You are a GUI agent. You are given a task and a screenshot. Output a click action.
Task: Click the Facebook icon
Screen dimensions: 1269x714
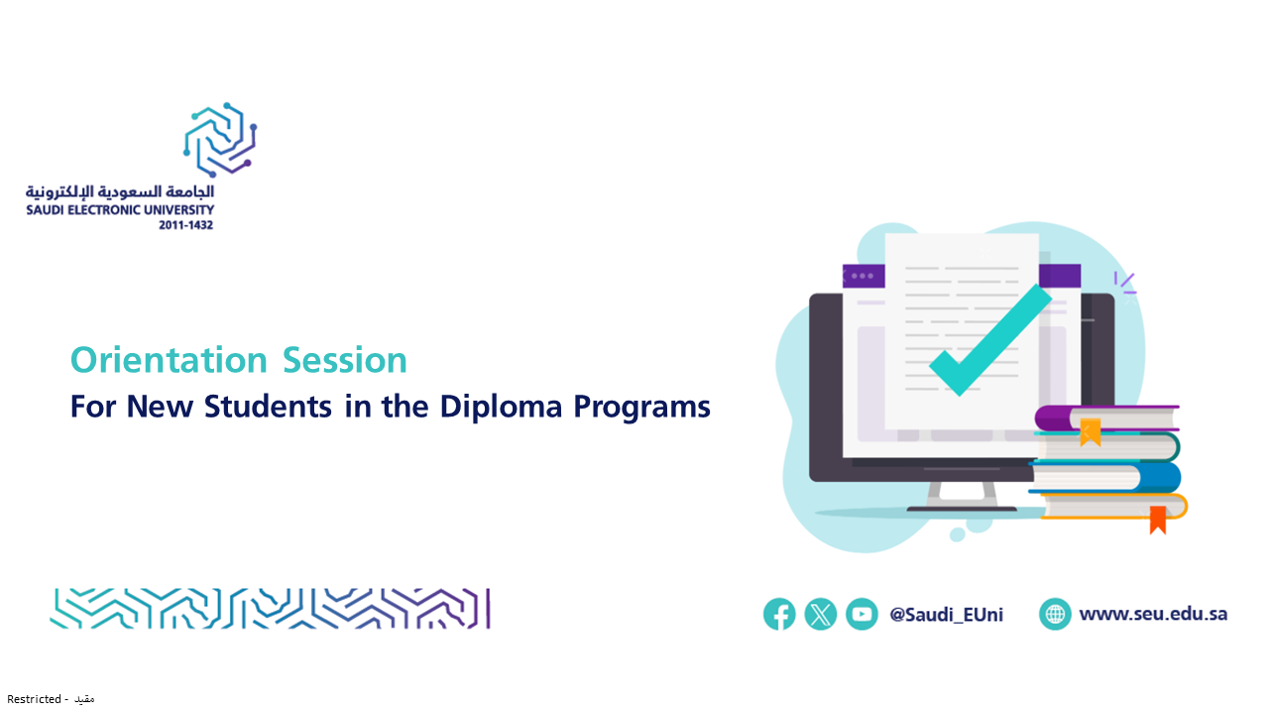click(x=779, y=614)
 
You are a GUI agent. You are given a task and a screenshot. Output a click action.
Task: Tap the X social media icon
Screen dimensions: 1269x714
click(x=820, y=614)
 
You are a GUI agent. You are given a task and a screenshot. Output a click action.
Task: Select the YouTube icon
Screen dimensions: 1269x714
click(x=862, y=614)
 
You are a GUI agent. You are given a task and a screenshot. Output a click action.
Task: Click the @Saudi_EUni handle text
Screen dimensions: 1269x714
click(x=946, y=614)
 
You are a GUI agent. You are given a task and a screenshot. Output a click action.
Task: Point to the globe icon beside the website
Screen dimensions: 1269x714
click(x=1055, y=614)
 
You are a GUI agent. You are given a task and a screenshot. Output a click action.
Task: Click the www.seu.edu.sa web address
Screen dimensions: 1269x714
click(x=1153, y=614)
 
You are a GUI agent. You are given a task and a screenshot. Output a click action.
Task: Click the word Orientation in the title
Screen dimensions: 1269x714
click(x=169, y=360)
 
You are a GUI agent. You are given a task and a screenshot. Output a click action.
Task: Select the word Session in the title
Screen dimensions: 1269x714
click(x=344, y=360)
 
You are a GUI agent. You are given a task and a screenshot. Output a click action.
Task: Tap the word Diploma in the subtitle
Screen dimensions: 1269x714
click(x=501, y=407)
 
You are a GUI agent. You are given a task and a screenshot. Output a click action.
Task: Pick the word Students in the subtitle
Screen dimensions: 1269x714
click(x=268, y=407)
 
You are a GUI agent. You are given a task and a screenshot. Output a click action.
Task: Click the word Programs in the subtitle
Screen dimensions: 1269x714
click(x=641, y=408)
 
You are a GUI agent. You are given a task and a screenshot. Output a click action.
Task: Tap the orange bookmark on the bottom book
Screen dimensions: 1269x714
click(x=1157, y=520)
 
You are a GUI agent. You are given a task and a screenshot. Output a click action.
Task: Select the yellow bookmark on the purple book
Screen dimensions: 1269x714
click(x=1091, y=431)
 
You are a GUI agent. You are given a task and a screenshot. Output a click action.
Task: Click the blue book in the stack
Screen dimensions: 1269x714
click(x=1104, y=477)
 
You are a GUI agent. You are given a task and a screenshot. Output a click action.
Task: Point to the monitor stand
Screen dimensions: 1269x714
click(x=962, y=497)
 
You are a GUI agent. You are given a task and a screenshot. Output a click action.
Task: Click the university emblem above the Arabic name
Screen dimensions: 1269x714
click(x=220, y=140)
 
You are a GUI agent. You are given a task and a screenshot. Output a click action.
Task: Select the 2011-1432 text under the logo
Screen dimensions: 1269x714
click(x=185, y=225)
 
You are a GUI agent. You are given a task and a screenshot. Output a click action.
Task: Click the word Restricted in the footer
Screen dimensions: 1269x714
click(x=34, y=699)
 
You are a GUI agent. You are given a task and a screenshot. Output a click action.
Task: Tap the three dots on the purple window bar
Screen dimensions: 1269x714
click(x=863, y=276)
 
